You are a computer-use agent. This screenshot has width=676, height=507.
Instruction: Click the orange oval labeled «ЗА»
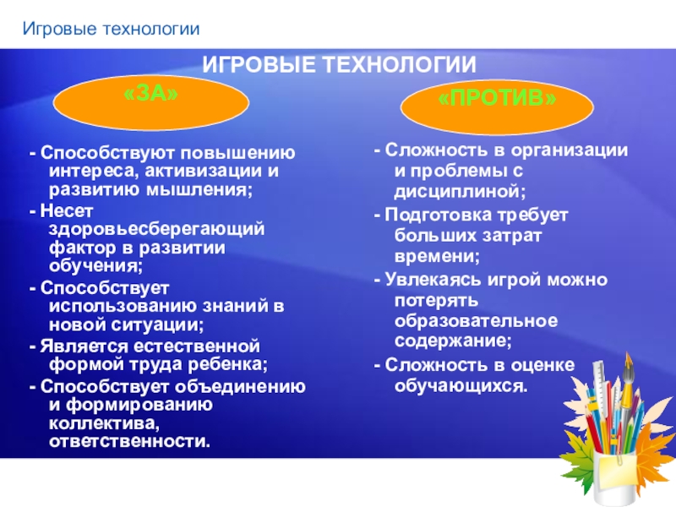tap(151, 102)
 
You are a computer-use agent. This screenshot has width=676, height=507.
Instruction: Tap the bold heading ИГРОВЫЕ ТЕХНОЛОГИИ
tap(338, 65)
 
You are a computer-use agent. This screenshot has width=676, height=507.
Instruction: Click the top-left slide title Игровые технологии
tap(111, 30)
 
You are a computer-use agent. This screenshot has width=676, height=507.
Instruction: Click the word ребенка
tap(224, 365)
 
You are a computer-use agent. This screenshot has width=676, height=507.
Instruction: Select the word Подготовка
tap(436, 215)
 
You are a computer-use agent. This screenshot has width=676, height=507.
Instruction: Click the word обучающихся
tap(460, 385)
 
